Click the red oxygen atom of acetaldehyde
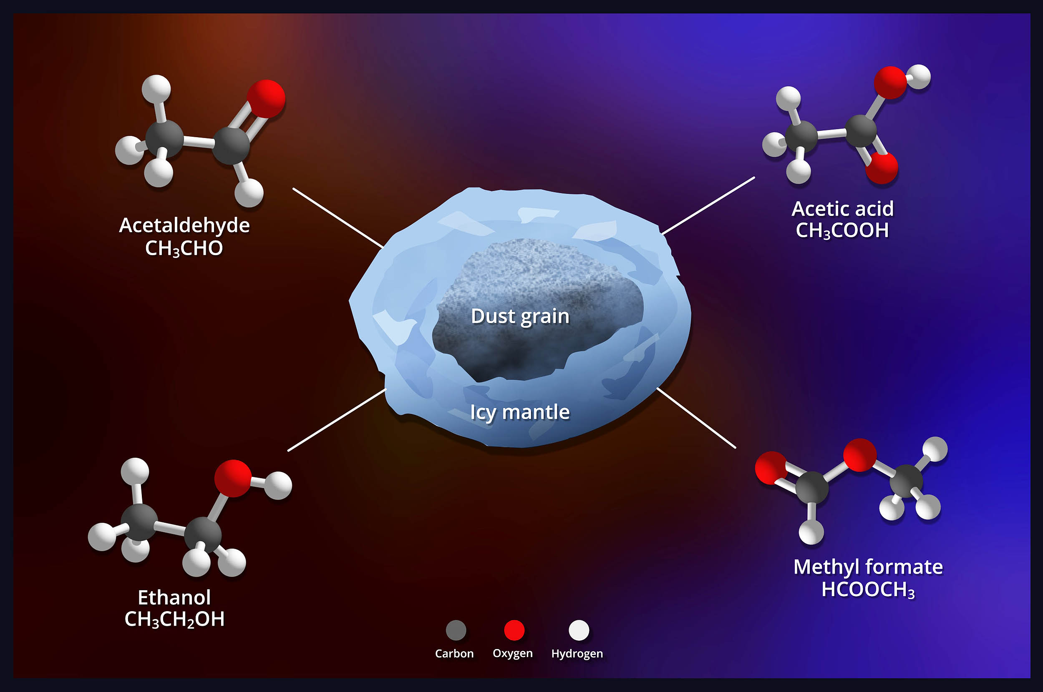click(266, 99)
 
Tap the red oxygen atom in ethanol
click(233, 479)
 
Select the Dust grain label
click(520, 316)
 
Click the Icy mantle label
click(520, 413)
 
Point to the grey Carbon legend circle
click(456, 630)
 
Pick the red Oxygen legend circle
click(514, 630)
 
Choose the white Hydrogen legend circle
click(579, 630)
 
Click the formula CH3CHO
click(184, 249)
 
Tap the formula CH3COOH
click(842, 231)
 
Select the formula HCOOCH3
click(868, 590)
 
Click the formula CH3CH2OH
click(174, 619)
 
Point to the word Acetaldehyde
click(184, 225)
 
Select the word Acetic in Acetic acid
click(818, 209)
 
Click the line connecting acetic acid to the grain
click(708, 206)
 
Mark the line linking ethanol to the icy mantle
click(337, 420)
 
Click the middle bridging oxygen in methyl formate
click(860, 455)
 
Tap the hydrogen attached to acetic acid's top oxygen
click(919, 77)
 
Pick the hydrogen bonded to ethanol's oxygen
click(278, 486)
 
